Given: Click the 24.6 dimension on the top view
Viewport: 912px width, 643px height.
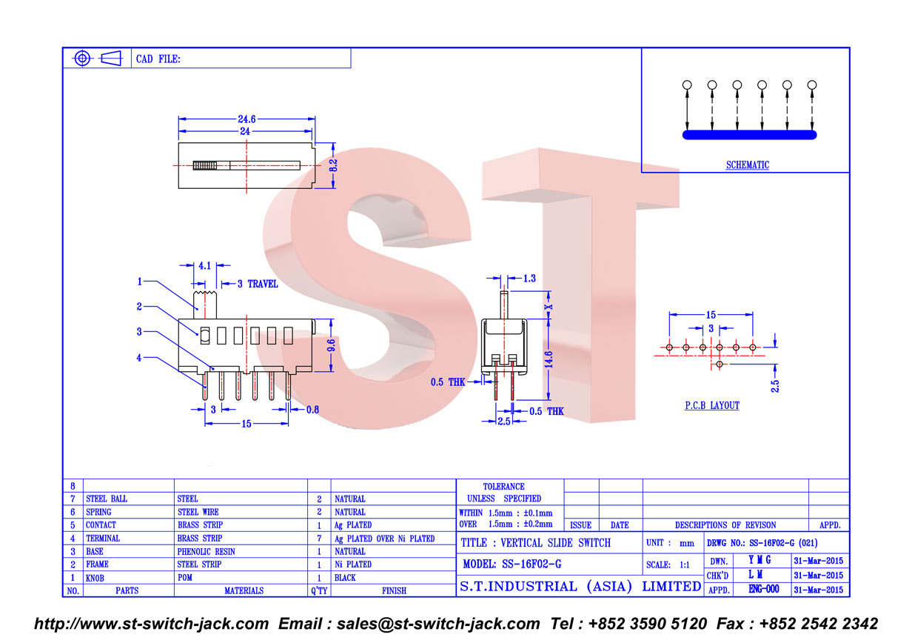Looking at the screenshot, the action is [x=247, y=119].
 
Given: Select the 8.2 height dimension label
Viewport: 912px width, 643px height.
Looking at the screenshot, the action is [x=333, y=165].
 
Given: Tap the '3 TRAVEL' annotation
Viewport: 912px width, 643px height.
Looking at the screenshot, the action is [x=258, y=284].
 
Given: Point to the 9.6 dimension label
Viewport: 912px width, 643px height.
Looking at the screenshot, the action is [x=332, y=345].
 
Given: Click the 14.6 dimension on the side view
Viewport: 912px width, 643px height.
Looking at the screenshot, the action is [x=549, y=360].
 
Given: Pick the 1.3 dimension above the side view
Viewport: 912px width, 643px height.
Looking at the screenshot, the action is [x=529, y=279].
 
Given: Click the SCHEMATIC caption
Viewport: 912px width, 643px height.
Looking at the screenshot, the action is [x=748, y=165].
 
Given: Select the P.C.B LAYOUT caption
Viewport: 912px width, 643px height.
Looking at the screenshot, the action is [x=712, y=405].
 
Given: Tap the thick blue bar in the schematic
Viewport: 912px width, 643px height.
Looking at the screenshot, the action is [x=750, y=135].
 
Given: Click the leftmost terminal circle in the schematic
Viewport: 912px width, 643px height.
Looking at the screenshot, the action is [x=687, y=84].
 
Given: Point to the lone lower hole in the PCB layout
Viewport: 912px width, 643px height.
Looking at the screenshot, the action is [x=720, y=364].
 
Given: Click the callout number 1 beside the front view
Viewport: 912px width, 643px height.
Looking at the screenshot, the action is [x=140, y=281].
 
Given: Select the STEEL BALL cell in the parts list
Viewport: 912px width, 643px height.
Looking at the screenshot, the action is [x=107, y=499].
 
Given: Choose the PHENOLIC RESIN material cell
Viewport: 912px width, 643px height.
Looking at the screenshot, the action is [x=206, y=551].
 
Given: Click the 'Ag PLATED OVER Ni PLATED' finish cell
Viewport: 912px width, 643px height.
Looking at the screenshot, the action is [x=385, y=539].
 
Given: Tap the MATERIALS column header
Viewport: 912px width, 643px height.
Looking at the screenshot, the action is [x=244, y=590].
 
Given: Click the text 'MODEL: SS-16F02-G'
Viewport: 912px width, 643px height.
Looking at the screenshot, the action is [x=512, y=564].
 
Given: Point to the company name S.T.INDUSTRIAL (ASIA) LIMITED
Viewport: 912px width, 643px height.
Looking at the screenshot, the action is [x=580, y=587].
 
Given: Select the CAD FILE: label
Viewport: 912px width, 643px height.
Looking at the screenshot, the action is [x=158, y=59].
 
